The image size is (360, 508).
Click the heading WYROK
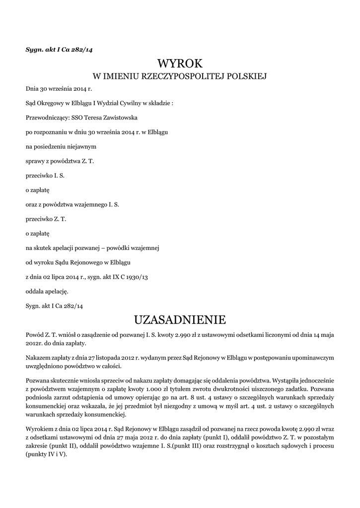pyautogui.click(x=180, y=63)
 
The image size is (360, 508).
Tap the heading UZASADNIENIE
pyautogui.click(x=180, y=318)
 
